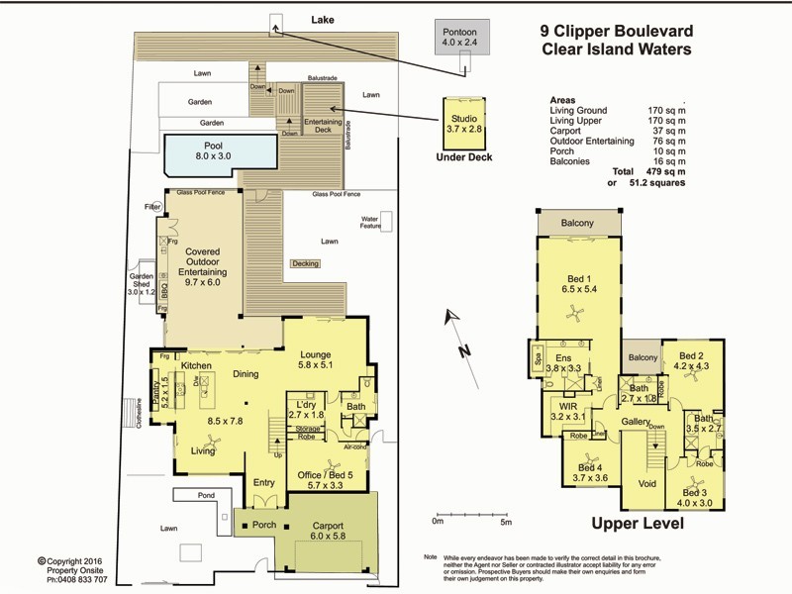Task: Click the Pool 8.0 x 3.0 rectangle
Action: [220, 152]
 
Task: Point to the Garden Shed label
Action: [142, 284]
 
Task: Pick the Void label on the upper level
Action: [648, 485]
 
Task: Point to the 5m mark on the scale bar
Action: [505, 522]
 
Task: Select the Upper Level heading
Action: [634, 525]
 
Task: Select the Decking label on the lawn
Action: [305, 263]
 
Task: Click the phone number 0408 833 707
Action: [79, 579]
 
